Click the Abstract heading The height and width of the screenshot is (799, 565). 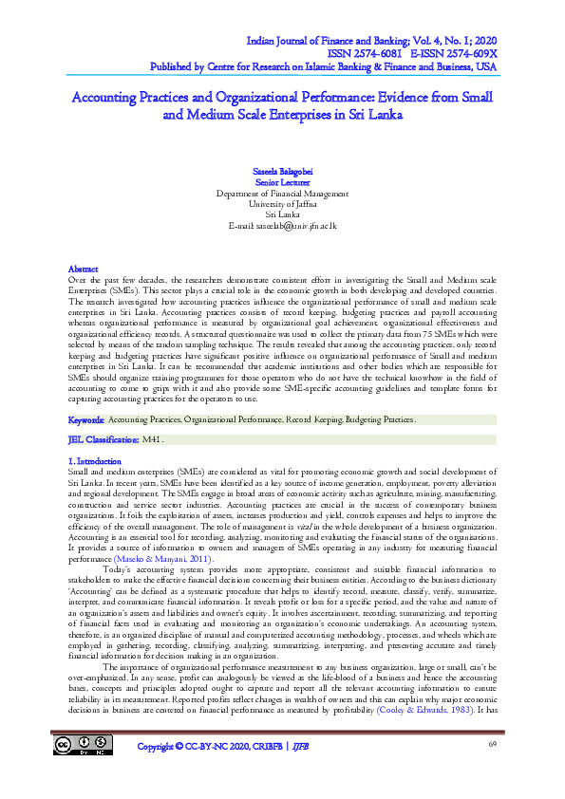pos(85,270)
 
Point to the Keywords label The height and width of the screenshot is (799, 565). pos(86,418)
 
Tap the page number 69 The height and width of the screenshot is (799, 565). pos(493,770)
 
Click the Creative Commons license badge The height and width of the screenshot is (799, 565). pos(84,771)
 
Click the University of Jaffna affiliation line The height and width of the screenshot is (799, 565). pos(282,204)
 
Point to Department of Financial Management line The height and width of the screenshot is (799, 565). pos(282,193)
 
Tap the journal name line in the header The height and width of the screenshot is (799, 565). pos(371,43)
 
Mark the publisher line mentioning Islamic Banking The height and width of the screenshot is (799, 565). pos(324,67)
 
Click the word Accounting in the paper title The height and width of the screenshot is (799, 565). pos(112,97)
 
